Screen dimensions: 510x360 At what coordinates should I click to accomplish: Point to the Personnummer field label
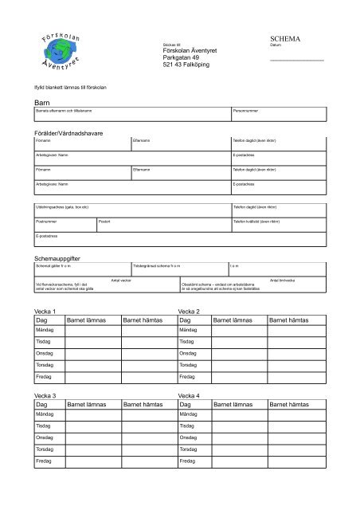coord(247,110)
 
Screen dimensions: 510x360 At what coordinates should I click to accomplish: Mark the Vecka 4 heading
coord(191,395)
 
